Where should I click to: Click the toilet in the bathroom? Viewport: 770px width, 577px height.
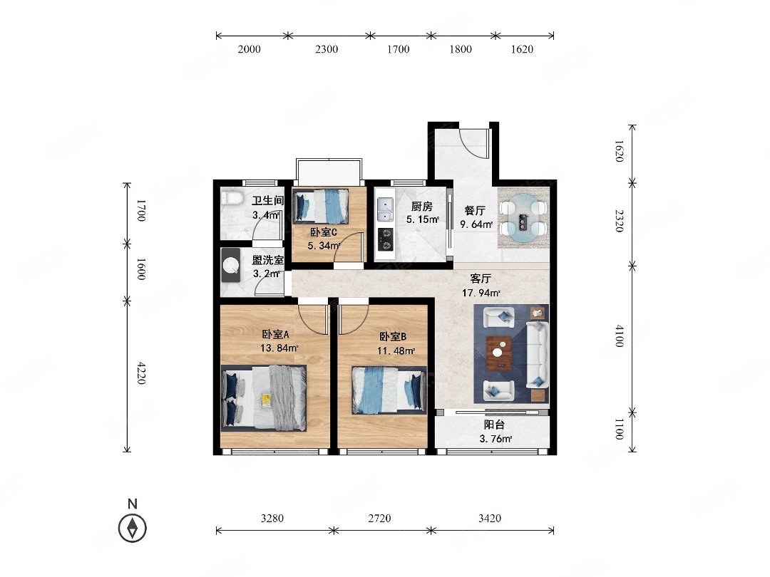(x=232, y=199)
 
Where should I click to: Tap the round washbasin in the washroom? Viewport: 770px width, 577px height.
(x=231, y=265)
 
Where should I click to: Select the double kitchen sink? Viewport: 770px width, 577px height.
(x=385, y=209)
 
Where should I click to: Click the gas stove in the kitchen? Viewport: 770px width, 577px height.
(x=386, y=239)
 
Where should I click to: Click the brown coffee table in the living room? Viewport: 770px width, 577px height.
(x=499, y=353)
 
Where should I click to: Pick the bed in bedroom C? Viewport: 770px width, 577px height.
(x=321, y=206)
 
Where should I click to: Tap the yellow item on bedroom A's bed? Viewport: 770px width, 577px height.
(x=266, y=400)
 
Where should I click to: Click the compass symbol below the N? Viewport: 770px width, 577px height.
(x=132, y=529)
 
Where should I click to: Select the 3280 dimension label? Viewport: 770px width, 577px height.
(x=272, y=518)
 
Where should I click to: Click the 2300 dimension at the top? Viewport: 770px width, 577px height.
(x=326, y=49)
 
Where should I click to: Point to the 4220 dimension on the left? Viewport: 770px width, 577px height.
(x=141, y=373)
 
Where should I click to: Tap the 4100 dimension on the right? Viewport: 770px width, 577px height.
(x=619, y=336)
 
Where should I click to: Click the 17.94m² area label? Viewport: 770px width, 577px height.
(x=481, y=293)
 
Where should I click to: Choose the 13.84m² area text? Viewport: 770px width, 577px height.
(x=279, y=348)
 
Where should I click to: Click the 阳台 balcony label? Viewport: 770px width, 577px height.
(x=495, y=425)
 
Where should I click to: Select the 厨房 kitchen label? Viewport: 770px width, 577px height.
(x=422, y=207)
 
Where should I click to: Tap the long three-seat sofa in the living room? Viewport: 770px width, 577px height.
(x=538, y=354)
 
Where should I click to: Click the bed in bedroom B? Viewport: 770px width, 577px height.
(x=389, y=390)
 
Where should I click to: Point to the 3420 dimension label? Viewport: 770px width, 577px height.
(x=490, y=518)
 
